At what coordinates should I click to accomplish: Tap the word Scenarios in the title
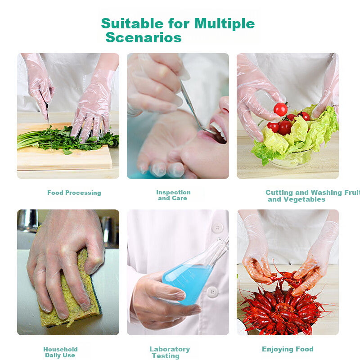(144, 37)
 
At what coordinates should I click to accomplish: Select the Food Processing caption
(74, 193)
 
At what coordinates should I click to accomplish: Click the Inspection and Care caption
(173, 195)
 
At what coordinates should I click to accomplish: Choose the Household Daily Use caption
(60, 352)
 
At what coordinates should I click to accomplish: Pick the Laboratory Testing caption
(170, 352)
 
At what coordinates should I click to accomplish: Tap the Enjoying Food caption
(288, 349)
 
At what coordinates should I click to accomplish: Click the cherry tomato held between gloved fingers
(280, 109)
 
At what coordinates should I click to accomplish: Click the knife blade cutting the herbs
(49, 129)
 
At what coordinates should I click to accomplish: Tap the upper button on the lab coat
(217, 228)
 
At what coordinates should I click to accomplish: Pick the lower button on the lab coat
(212, 292)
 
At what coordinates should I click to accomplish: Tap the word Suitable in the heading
(132, 24)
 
